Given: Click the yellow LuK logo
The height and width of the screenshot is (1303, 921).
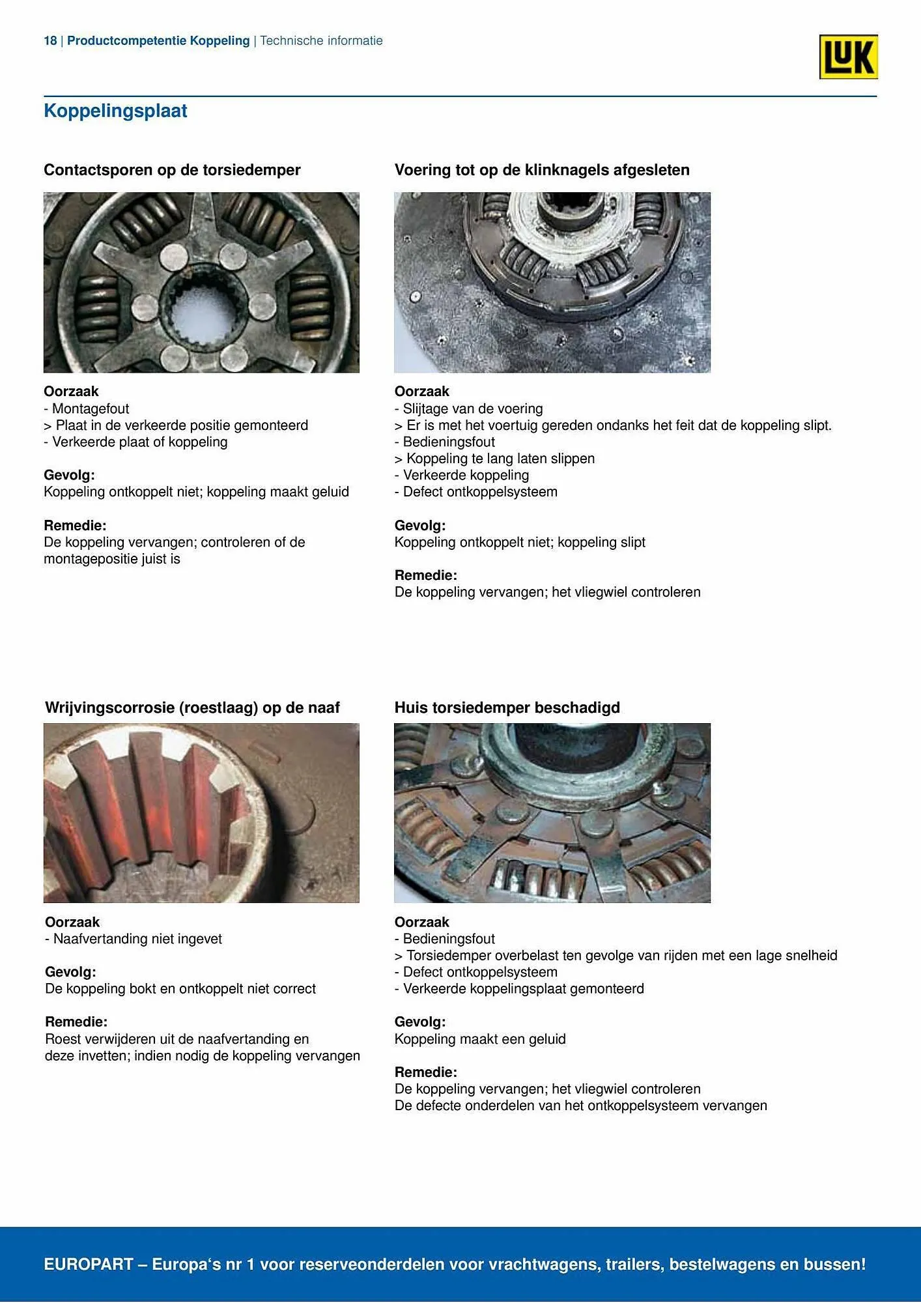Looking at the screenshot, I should coord(848,57).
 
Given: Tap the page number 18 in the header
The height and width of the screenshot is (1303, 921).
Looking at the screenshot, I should coord(50,41).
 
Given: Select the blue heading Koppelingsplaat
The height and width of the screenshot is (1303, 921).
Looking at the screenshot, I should coord(115,111).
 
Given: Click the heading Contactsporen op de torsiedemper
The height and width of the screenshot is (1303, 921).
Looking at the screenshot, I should coord(172,170).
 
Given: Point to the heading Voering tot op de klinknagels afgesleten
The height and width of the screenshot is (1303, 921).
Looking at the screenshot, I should coord(542,170).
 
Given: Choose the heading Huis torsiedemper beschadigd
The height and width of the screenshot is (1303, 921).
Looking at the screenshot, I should coord(507,708).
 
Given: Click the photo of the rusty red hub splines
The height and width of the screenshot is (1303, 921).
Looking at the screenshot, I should coord(201,813).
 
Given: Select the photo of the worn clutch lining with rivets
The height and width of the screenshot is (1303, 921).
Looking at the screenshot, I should coord(552,282).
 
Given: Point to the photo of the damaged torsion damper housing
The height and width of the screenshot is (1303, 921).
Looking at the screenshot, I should coord(552,813).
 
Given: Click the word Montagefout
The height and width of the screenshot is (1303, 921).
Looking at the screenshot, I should coord(91,408).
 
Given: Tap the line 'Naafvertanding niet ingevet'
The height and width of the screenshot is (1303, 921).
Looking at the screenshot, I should coord(137,939).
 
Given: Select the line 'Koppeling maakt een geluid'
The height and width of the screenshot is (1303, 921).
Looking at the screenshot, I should coord(480,1039).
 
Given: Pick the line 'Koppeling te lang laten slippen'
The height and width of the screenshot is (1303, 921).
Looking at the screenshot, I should coord(500,459).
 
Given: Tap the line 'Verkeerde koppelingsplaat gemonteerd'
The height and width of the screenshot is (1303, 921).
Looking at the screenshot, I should coord(523,989).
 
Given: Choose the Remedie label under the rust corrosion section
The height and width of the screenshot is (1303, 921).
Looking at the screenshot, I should coord(76,1022).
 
